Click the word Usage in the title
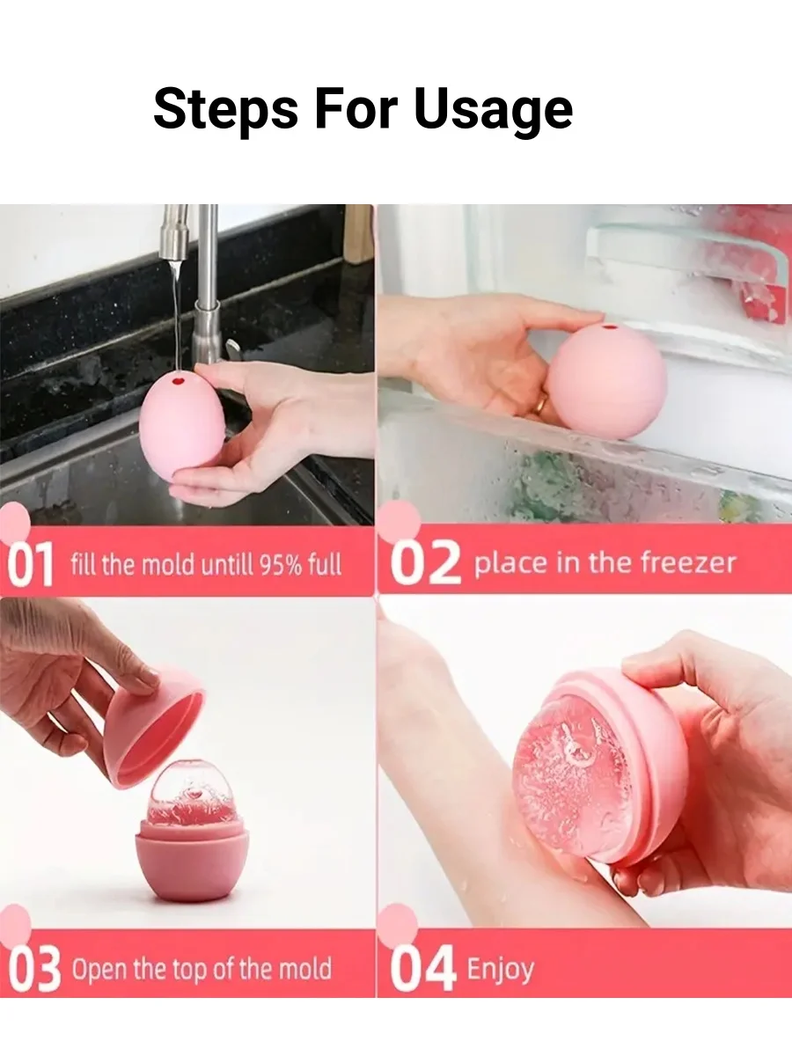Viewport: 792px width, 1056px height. coord(493,111)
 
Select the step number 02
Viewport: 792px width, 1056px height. coord(425,564)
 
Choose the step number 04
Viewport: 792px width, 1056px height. coord(423,970)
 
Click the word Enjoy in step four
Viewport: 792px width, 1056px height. coord(500,970)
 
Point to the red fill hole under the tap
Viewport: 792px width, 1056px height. coord(179,381)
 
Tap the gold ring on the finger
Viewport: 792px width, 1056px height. coord(540,407)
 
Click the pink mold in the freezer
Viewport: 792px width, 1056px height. coord(607,380)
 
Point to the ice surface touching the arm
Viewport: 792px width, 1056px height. coord(572,774)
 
